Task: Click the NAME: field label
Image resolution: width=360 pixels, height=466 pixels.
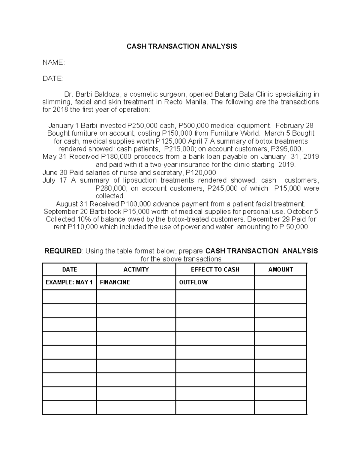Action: click(53, 62)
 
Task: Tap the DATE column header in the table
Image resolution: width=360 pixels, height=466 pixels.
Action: click(69, 269)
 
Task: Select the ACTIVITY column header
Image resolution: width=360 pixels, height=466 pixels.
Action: click(136, 269)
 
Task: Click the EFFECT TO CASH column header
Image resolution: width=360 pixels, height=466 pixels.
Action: click(215, 269)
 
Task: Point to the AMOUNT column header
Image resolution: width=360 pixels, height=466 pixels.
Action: click(280, 269)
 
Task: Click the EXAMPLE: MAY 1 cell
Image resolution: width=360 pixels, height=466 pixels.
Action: click(69, 282)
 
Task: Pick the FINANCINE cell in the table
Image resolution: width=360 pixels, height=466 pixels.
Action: click(115, 282)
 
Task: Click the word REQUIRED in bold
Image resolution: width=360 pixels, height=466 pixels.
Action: click(63, 251)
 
